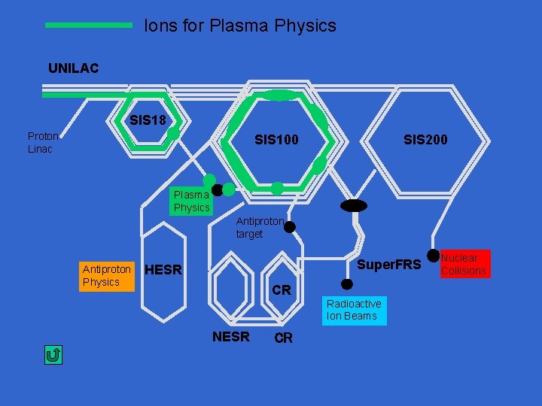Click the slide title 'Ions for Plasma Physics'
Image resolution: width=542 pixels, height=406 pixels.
click(240, 26)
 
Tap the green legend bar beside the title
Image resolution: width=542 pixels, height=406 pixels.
click(89, 25)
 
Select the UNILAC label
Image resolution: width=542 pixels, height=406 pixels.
click(74, 68)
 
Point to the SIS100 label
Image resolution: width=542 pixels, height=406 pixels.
click(276, 139)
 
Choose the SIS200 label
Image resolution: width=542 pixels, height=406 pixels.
click(425, 139)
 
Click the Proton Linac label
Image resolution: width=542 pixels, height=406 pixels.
click(43, 142)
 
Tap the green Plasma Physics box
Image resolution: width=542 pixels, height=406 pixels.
click(191, 201)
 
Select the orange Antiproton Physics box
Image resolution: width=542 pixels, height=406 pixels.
click(106, 275)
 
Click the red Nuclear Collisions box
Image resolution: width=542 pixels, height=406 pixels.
click(464, 264)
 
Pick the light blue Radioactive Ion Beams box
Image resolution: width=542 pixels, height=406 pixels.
click(354, 310)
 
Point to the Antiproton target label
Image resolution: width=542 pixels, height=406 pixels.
click(259, 227)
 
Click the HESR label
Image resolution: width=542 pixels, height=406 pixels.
click(163, 270)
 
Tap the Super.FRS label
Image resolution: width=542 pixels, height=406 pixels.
click(388, 265)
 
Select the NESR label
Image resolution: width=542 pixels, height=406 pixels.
click(230, 337)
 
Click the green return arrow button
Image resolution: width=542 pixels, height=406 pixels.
click(53, 355)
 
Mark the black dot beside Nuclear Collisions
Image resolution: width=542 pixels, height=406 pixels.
click(433, 256)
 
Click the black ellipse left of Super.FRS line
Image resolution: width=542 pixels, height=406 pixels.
click(353, 205)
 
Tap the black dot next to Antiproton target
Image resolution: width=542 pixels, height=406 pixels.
click(289, 226)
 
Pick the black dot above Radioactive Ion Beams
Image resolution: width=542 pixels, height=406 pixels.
click(347, 284)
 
